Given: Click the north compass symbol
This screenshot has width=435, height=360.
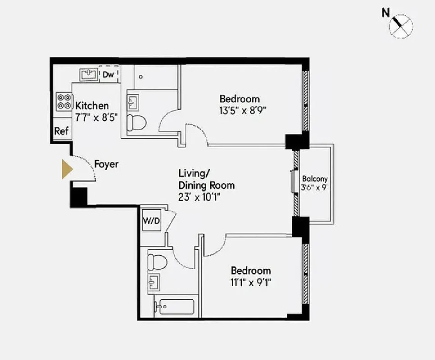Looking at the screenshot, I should coord(400,24).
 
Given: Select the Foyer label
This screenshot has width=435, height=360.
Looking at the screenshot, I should coord(106,164).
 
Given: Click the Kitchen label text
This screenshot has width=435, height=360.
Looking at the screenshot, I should coord(92,106).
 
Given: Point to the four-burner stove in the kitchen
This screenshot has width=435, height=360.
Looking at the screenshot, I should coord(63,101).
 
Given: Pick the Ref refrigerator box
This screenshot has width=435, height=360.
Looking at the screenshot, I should coord(61,131).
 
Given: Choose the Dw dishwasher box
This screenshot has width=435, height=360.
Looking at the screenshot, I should coord(109,74).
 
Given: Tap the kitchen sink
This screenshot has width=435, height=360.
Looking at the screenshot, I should coord(88,74).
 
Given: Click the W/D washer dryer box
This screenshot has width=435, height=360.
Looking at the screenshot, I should coord(151,220).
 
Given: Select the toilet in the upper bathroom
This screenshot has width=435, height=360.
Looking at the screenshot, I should coord(136,122).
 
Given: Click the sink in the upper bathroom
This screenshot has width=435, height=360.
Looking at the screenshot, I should coord(133,101).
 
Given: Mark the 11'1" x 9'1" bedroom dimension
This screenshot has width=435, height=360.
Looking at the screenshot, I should coord(251,283).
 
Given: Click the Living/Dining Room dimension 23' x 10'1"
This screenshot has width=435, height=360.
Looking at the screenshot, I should coord(200,197).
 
